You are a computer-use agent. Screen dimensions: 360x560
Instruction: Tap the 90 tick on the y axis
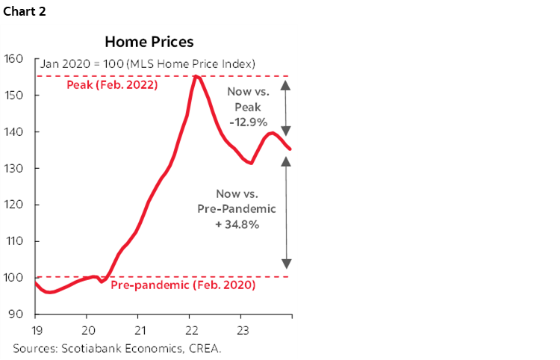click(x=17, y=314)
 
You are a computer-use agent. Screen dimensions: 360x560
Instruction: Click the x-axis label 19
click(x=36, y=329)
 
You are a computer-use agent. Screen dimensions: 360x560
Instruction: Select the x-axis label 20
click(x=87, y=329)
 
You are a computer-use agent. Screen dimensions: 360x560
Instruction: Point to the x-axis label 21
click(x=139, y=329)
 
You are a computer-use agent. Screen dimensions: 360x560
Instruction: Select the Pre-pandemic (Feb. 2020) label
click(x=183, y=285)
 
